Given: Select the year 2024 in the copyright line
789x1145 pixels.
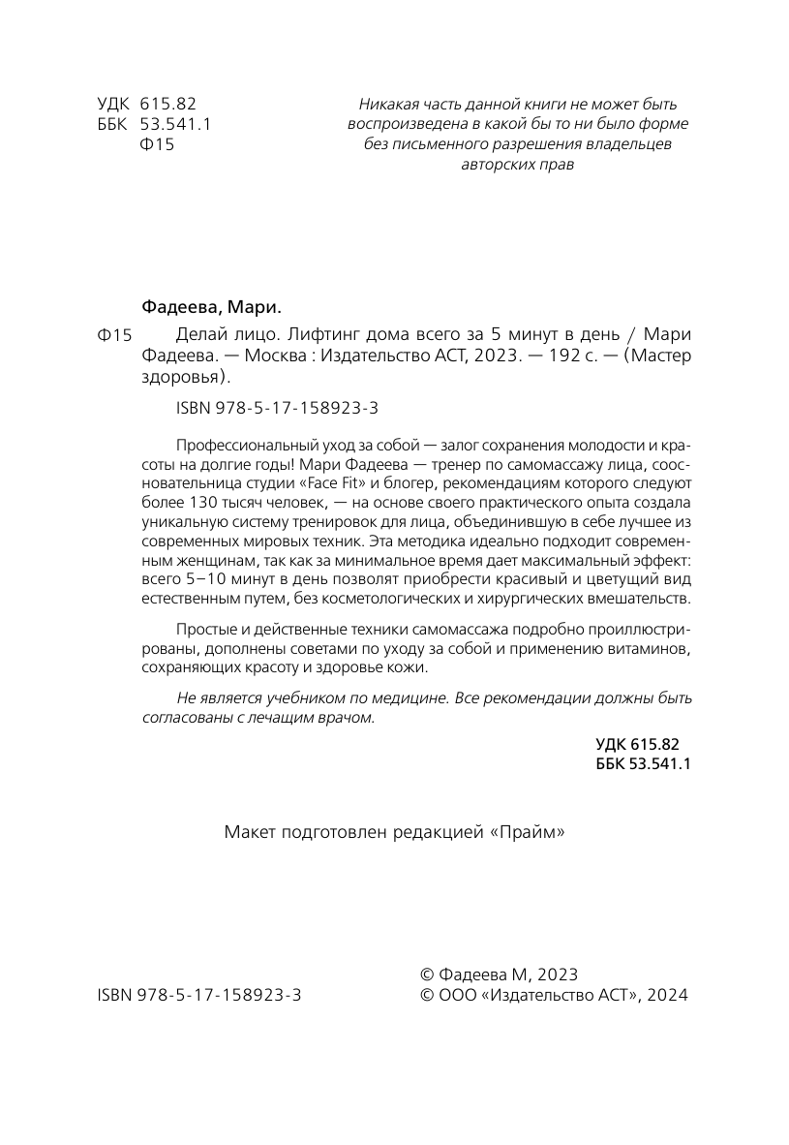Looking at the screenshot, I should point(667,995).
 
